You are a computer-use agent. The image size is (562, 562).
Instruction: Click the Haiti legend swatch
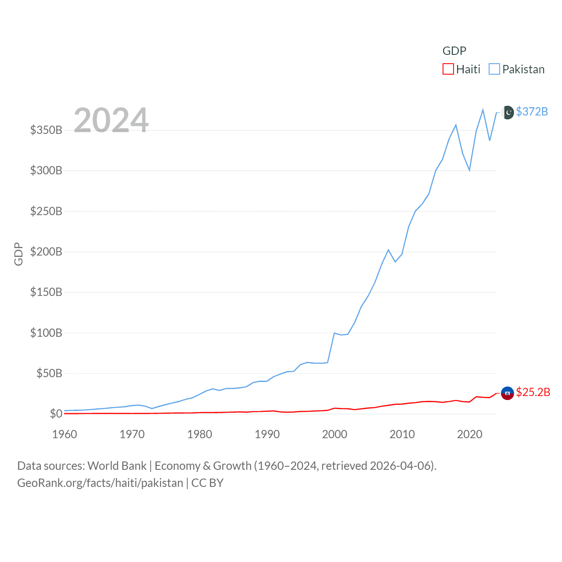[x=448, y=69]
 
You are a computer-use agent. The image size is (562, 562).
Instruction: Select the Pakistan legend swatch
[x=494, y=69]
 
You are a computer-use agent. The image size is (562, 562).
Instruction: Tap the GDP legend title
[x=454, y=51]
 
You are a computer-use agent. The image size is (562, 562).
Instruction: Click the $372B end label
[x=532, y=112]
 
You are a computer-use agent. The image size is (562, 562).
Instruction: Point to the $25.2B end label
[x=533, y=392]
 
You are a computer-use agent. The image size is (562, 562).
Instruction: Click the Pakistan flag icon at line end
[x=508, y=112]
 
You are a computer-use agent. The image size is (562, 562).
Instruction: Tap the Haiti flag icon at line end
[x=508, y=393]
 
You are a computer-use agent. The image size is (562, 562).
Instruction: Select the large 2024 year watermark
[x=111, y=120]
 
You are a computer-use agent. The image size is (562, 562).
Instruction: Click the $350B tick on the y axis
[x=46, y=130]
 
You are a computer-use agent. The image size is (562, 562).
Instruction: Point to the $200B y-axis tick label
[x=46, y=252]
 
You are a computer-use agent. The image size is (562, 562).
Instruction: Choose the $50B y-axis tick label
[x=49, y=374]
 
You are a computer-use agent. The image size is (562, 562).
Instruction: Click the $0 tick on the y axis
[x=56, y=414]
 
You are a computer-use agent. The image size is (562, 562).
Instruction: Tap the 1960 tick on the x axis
[x=65, y=435]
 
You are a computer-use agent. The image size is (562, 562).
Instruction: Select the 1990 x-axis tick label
[x=267, y=435]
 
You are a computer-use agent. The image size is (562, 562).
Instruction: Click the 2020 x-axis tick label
[x=469, y=435]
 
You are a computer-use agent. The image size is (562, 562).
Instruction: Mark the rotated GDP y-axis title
[x=18, y=254]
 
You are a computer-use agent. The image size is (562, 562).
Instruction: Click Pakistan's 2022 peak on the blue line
[x=483, y=109]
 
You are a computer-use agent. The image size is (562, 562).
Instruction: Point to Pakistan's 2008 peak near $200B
[x=388, y=250]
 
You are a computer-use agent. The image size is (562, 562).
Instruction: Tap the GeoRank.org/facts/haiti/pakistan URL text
[x=100, y=483]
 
